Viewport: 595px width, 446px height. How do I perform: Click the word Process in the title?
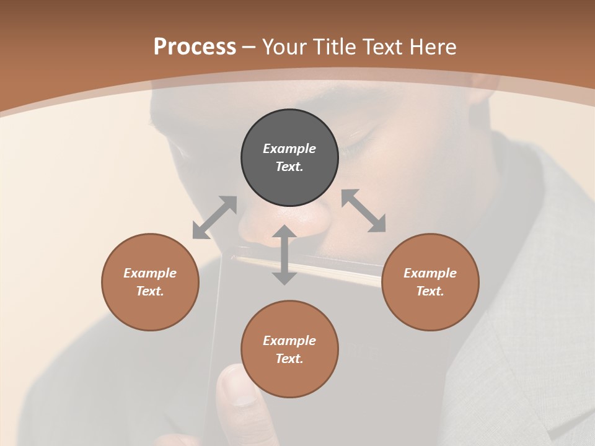[x=195, y=47]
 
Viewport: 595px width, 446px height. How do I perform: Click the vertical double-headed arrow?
[x=284, y=255]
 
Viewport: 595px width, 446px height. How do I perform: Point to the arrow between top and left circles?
[x=214, y=217]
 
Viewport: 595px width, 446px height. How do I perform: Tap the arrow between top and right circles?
[x=364, y=211]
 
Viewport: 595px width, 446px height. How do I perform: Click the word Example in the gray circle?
[x=289, y=149]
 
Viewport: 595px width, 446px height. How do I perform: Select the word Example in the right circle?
[x=430, y=273]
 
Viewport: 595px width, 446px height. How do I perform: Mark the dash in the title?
[x=249, y=48]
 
